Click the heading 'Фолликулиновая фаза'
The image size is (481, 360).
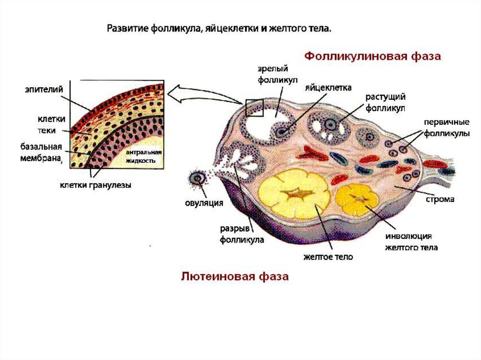point(373,57)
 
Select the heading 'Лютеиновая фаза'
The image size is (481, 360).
point(235,276)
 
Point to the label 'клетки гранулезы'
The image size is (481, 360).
point(95,185)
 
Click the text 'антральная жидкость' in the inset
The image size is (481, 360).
point(143,157)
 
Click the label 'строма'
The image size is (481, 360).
point(440,199)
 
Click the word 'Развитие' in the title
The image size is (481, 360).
point(127,29)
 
